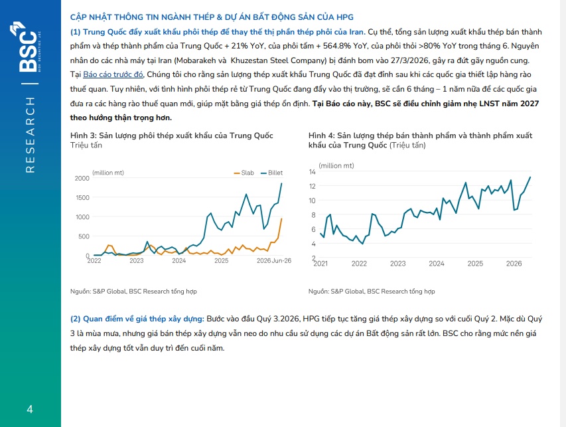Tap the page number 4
tap(30, 409)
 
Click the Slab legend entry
tap(244, 173)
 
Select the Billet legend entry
tap(272, 173)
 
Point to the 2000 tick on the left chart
tap(82, 179)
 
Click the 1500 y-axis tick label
tap(82, 198)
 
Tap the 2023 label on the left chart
tap(137, 261)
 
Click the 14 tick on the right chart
tap(313, 172)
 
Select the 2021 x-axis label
tap(320, 264)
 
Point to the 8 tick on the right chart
tap(314, 215)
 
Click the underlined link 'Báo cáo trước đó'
tap(113, 74)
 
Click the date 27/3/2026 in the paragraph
tap(409, 60)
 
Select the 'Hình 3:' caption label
tap(84, 135)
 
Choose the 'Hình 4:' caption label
tap(322, 135)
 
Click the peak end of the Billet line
tap(281, 183)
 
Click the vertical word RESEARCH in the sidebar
tap(31, 135)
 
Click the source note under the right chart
tap(372, 291)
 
